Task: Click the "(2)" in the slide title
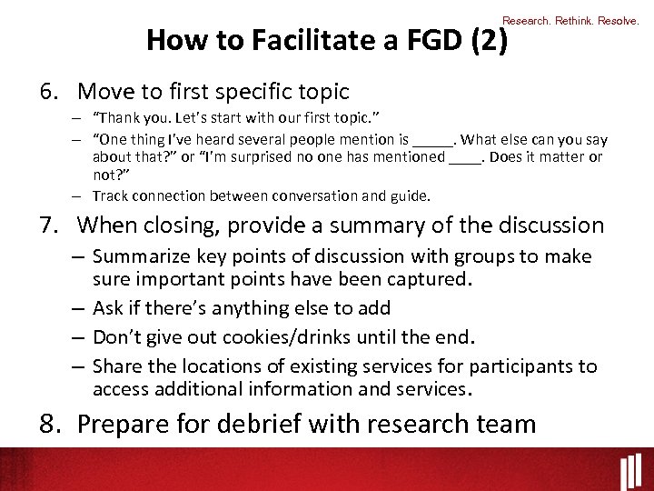pyautogui.click(x=487, y=40)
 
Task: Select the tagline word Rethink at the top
pyautogui.click(x=574, y=20)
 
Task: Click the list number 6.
pyautogui.click(x=48, y=92)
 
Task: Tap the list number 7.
pyautogui.click(x=48, y=225)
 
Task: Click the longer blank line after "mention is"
pyautogui.click(x=431, y=141)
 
